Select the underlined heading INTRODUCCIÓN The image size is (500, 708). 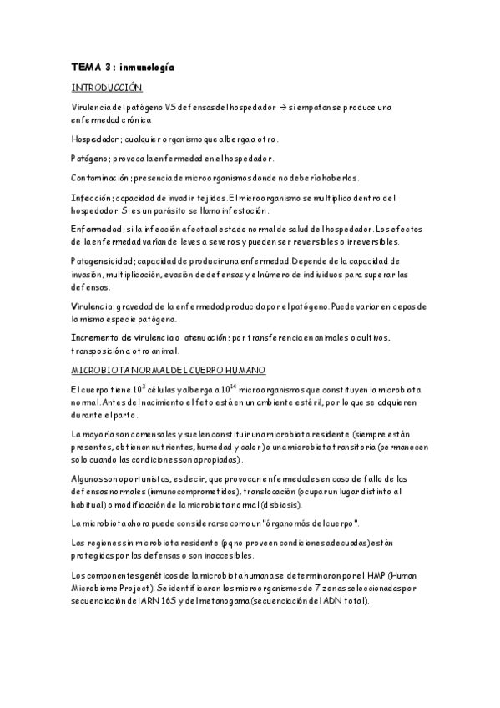(x=107, y=87)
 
